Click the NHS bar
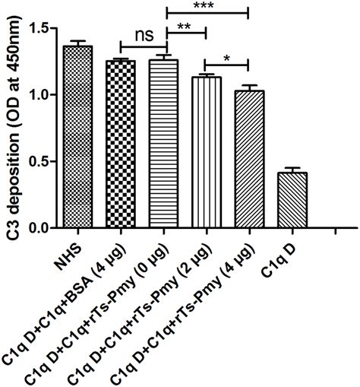point(77,137)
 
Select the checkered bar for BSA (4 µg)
point(120,144)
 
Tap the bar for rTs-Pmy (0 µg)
point(163,144)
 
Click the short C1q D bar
point(291,200)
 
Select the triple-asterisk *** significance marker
point(206,6)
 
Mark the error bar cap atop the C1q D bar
point(291,168)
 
